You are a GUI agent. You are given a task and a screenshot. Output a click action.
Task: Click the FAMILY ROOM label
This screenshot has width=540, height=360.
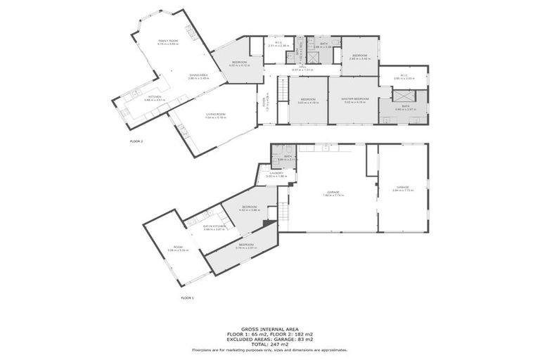(168, 42)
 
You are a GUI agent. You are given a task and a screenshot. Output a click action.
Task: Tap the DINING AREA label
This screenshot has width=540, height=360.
(198, 76)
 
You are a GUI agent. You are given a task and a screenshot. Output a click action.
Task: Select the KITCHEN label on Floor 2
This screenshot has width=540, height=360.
(154, 98)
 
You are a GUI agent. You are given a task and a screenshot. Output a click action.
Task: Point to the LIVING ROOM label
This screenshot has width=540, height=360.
(215, 115)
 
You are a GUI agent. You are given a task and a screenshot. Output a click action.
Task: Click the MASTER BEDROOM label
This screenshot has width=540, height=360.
(356, 100)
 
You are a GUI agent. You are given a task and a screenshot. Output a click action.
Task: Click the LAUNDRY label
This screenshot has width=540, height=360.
(276, 174)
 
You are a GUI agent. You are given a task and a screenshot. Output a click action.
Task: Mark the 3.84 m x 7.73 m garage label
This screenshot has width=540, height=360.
(401, 188)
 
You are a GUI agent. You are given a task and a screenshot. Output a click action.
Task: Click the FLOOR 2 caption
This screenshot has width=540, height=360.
(136, 141)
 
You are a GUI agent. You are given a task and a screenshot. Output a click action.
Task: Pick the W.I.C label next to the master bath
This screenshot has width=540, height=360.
(399, 77)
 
